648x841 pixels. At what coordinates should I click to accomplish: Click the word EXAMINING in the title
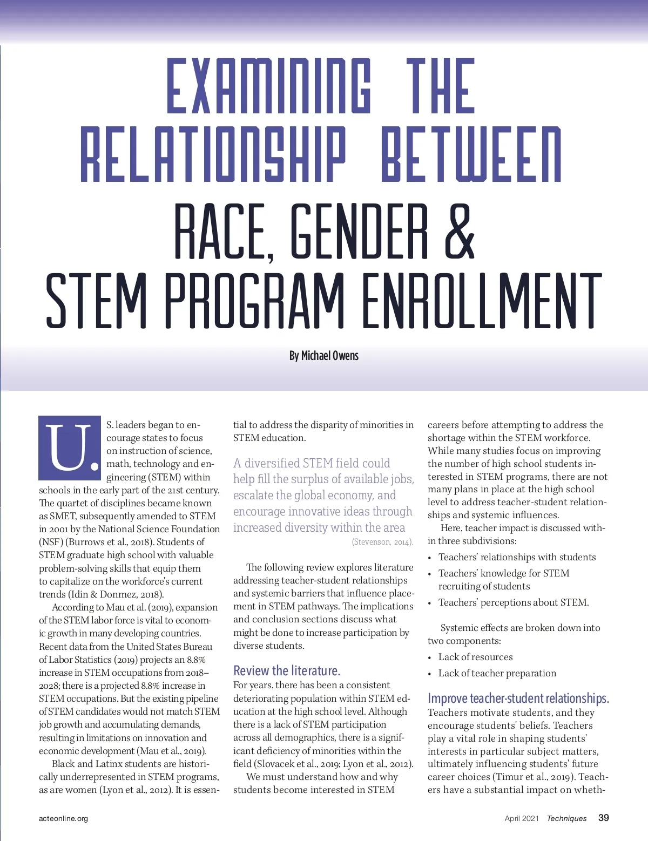(x=268, y=86)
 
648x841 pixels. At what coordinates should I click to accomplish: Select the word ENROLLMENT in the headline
(x=482, y=301)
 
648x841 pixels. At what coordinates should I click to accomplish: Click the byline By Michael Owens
(x=323, y=356)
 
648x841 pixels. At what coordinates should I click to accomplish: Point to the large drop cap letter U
(x=70, y=448)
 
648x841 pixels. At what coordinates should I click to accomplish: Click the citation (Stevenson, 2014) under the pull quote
(x=382, y=542)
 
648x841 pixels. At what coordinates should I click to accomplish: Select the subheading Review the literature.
(x=287, y=671)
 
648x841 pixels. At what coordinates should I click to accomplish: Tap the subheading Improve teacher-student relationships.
(x=518, y=698)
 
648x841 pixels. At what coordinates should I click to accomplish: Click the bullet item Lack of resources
(x=475, y=657)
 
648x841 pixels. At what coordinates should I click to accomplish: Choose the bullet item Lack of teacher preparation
(x=497, y=673)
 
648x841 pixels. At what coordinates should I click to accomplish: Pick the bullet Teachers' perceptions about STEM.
(x=513, y=602)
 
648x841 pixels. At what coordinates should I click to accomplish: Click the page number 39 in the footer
(x=603, y=818)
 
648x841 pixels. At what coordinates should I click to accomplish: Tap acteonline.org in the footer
(x=63, y=818)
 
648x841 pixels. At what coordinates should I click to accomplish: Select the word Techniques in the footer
(x=566, y=818)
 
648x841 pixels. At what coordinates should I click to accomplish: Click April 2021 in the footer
(x=522, y=818)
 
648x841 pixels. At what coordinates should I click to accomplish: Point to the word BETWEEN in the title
(x=471, y=154)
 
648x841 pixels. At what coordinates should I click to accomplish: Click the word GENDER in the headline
(x=359, y=231)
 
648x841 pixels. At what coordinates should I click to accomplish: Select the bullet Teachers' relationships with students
(x=517, y=557)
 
